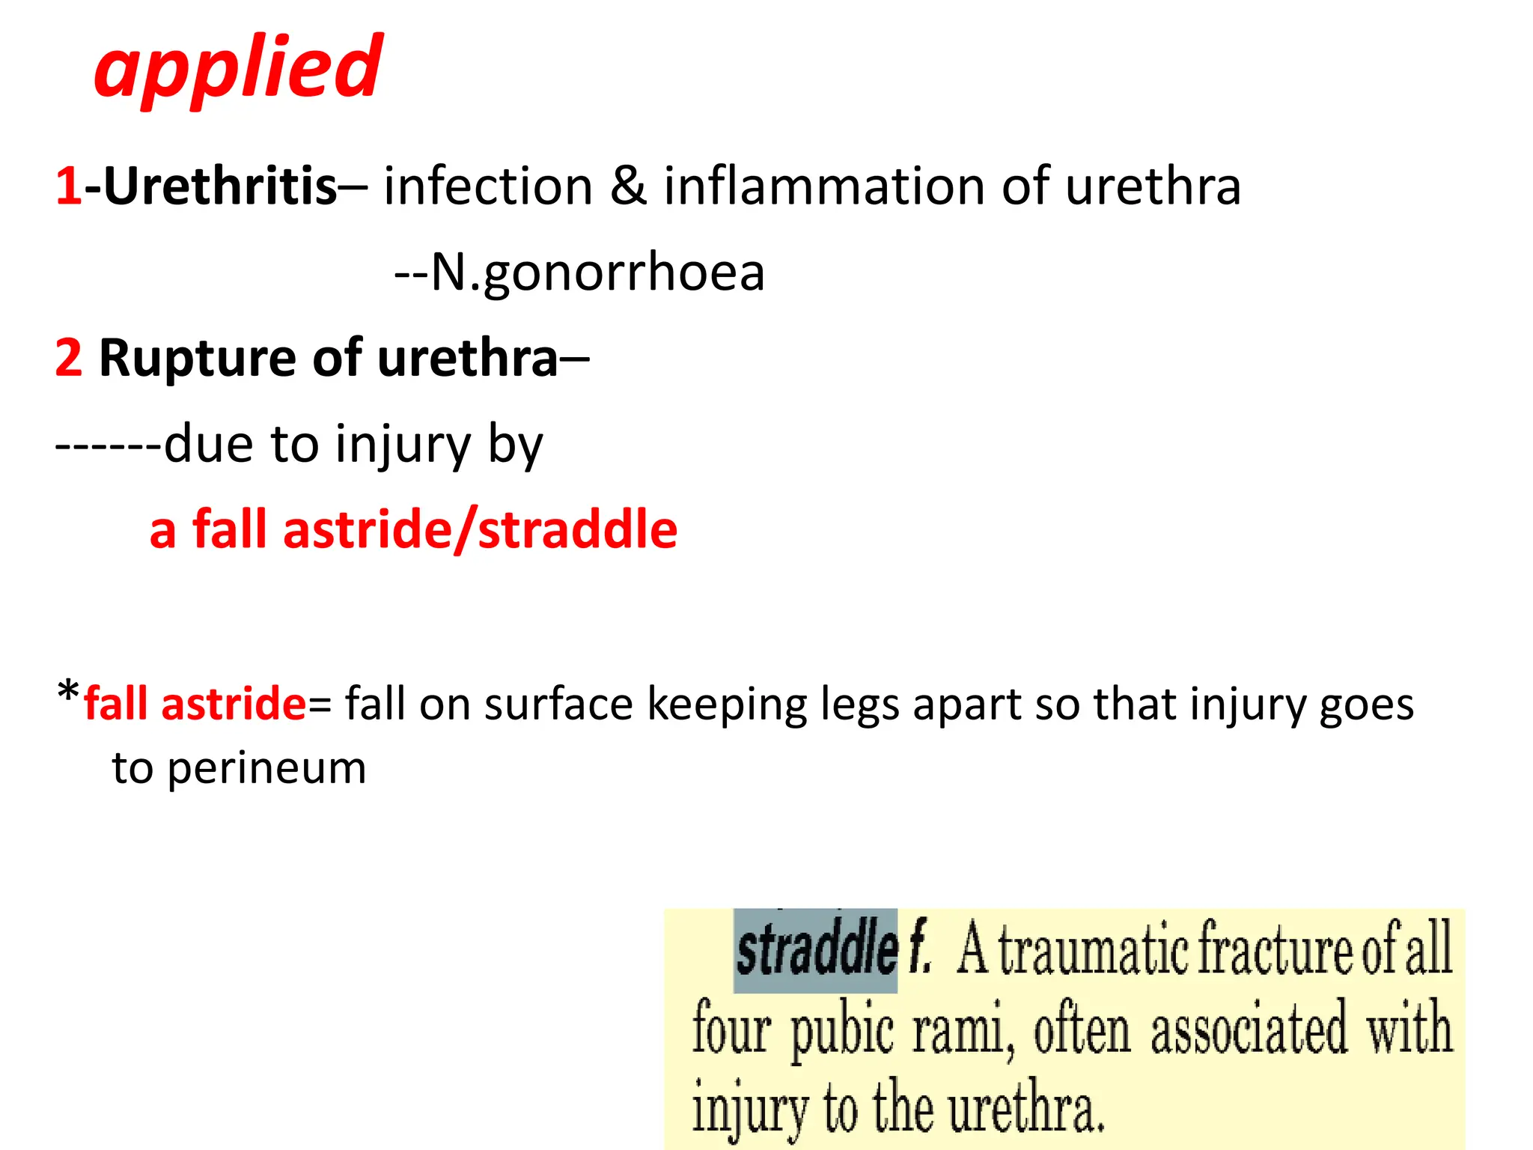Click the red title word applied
pos(238,69)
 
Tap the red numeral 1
pos(68,186)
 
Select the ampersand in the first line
pos(627,186)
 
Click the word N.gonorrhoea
pos(597,272)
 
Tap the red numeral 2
pos(68,358)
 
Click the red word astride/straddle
pos(480,530)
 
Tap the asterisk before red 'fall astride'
pos(67,692)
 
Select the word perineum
pos(266,769)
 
